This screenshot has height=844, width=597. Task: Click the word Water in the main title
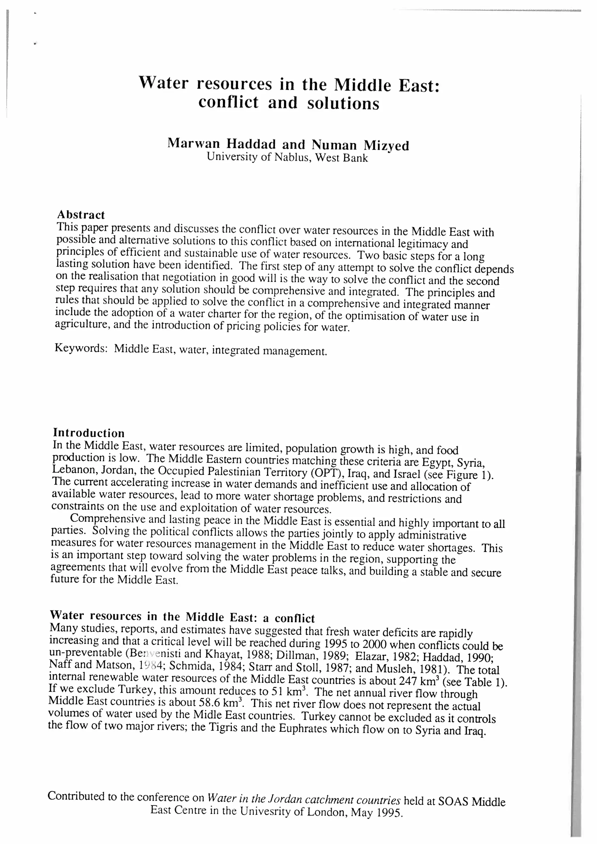[163, 83]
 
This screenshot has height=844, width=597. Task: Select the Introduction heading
[89, 433]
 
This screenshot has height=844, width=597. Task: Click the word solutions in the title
[343, 103]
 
